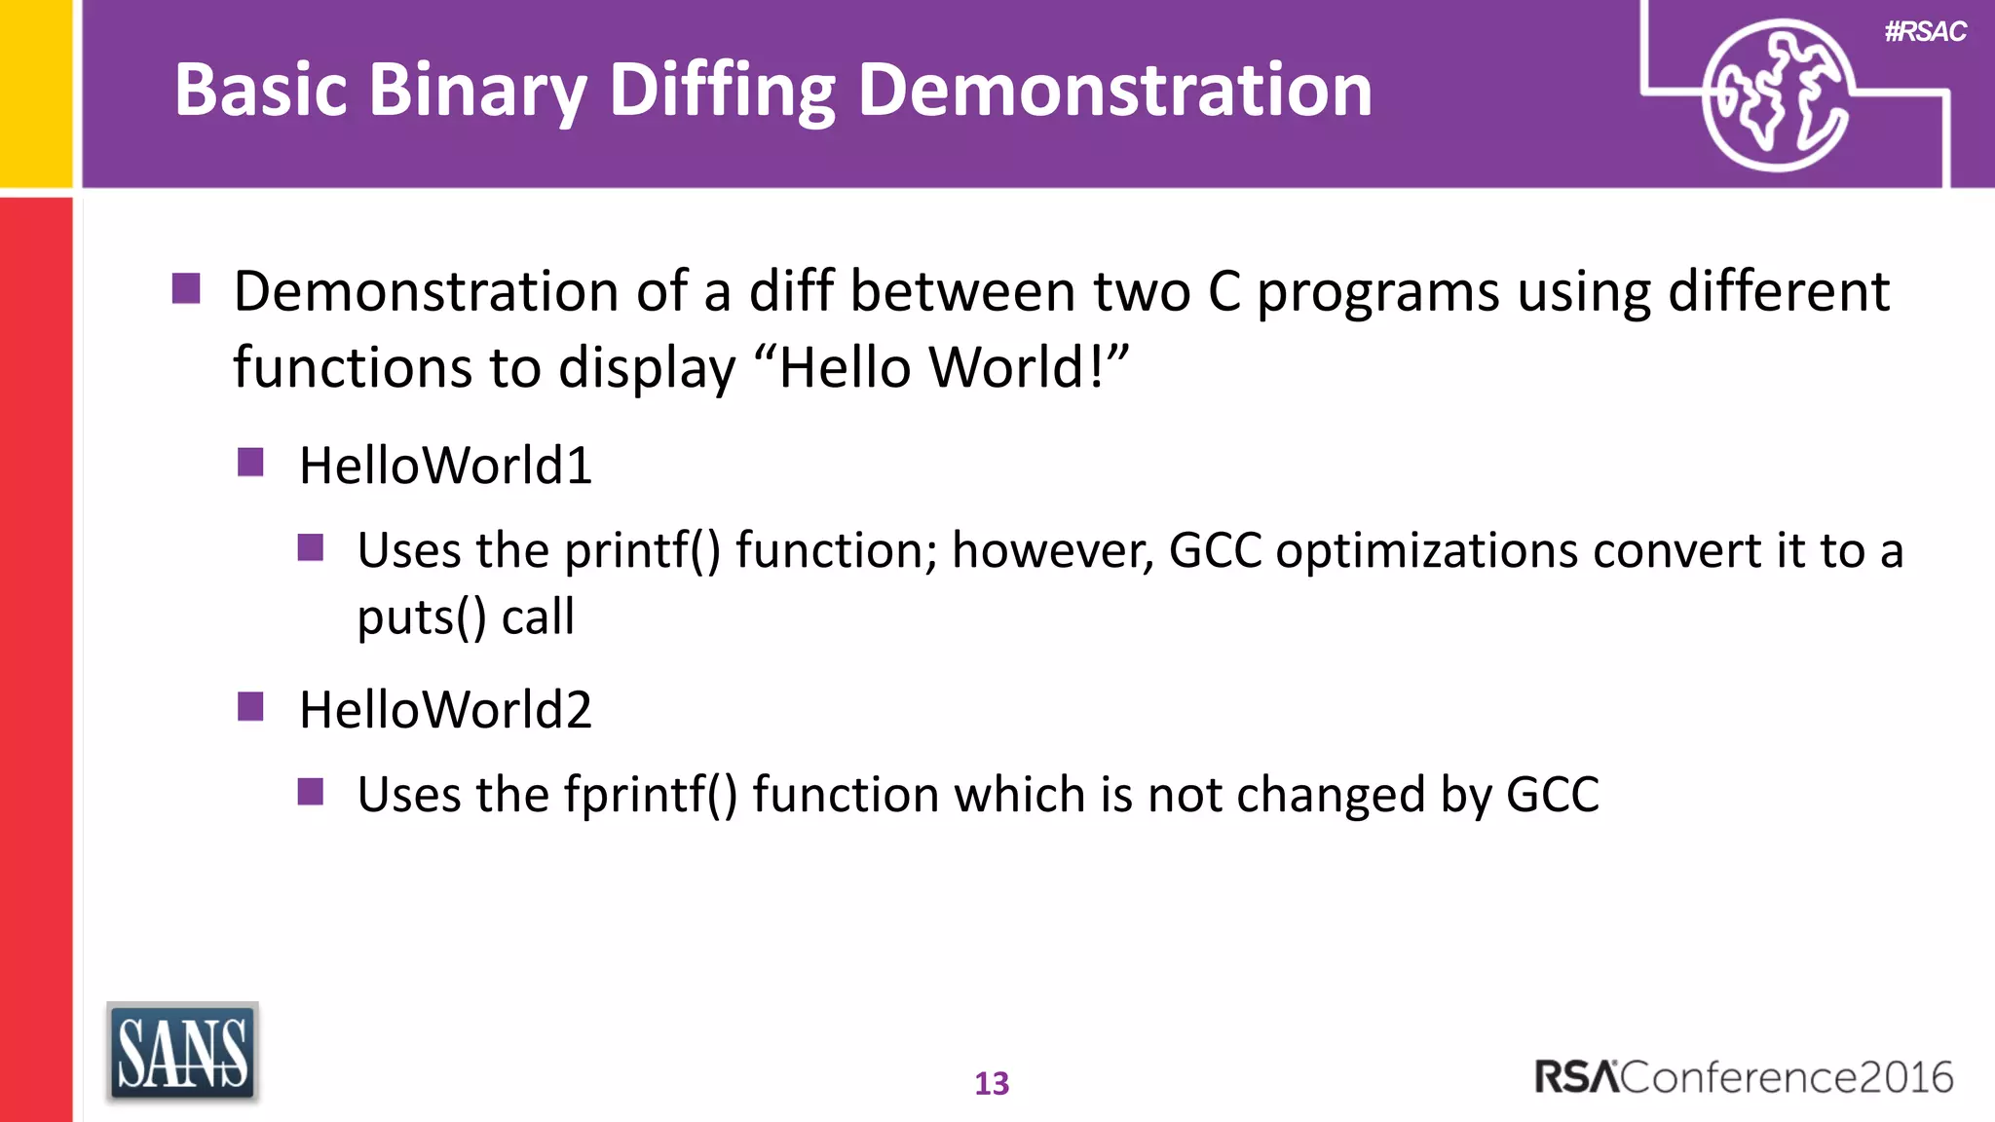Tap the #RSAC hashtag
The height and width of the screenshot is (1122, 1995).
(x=1925, y=32)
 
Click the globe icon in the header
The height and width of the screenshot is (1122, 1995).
(x=1777, y=95)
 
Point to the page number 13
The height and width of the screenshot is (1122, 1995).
(x=992, y=1083)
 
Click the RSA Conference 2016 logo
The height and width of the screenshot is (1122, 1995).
(x=1744, y=1077)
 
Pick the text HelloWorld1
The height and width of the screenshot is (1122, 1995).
(x=445, y=466)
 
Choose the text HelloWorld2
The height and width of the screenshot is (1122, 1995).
(x=445, y=710)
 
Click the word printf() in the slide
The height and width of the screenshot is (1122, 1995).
(x=643, y=551)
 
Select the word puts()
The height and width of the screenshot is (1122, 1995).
(x=421, y=617)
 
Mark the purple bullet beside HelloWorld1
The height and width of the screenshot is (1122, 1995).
(x=250, y=462)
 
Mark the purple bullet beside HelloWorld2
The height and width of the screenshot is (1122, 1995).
(x=250, y=706)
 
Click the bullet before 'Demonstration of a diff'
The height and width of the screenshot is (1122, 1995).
(x=186, y=288)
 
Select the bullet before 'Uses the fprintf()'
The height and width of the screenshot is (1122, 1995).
(x=311, y=791)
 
